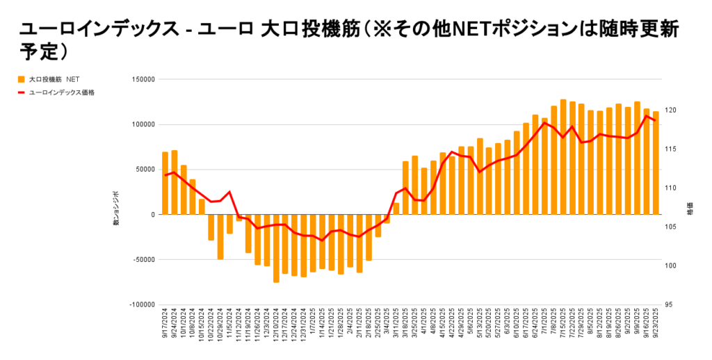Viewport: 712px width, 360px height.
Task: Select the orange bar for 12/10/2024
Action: tap(276, 248)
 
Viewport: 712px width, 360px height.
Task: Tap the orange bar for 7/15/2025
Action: tap(563, 156)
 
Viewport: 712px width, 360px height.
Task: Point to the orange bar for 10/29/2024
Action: tap(220, 236)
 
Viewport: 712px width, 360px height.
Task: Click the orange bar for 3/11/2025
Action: tap(396, 208)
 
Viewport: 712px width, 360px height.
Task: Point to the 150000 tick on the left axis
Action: tap(142, 79)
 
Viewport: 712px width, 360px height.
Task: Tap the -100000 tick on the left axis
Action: tap(141, 304)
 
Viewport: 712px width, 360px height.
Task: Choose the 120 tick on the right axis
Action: tap(669, 111)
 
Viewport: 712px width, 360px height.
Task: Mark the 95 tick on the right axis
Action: tap(667, 304)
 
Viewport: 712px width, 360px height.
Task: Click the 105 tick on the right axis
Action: tap(669, 227)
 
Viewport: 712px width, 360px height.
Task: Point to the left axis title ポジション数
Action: tap(118, 208)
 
